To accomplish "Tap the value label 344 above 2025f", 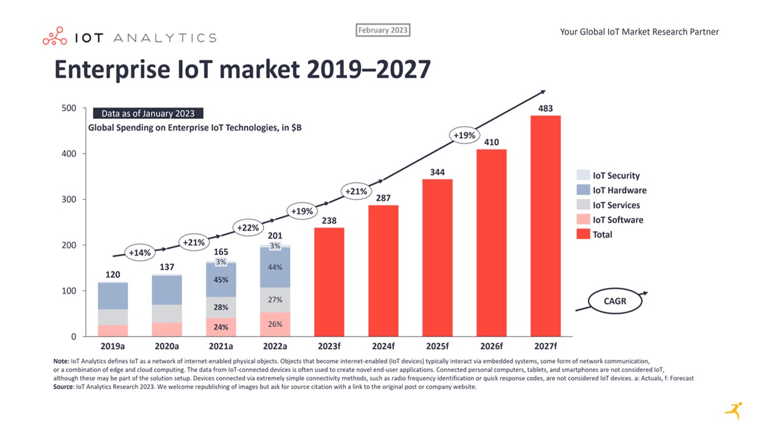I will tap(437, 173).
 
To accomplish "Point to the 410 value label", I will tap(491, 142).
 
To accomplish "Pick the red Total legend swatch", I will tap(583, 235).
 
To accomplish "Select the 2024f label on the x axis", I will tap(383, 346).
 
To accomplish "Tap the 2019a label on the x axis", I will tap(113, 346).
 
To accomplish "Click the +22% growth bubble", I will tap(247, 228).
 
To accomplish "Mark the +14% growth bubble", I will tap(139, 253).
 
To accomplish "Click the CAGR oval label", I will tap(615, 301).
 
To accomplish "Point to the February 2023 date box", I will tap(383, 30).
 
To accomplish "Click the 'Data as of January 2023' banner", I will tap(148, 113).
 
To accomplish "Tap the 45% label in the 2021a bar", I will tap(221, 279).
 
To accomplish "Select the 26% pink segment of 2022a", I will tap(275, 324).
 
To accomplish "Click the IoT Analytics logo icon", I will tap(54, 36).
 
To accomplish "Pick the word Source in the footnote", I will tap(62, 387).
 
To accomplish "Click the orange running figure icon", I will tap(734, 410).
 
